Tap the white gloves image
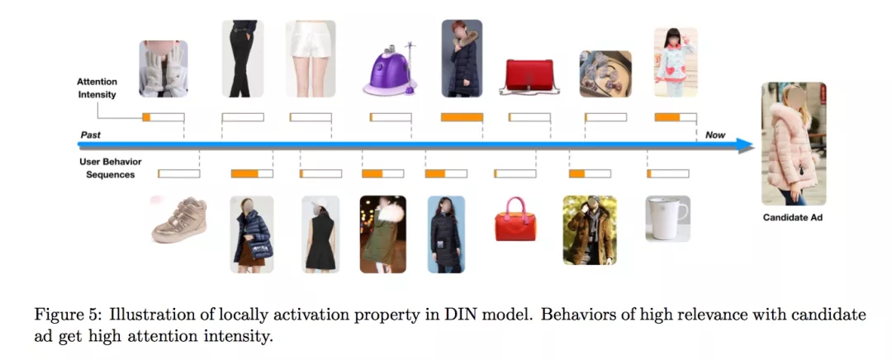pos(163,69)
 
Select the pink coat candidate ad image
pos(793,144)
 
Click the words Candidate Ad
pos(793,218)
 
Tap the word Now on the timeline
pos(715,134)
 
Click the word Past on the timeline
pos(91,134)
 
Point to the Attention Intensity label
pos(97,88)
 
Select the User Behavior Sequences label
pos(107,168)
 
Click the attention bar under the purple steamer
pos(390,117)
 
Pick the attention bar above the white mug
pos(668,173)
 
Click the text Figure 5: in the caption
pos(59,315)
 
